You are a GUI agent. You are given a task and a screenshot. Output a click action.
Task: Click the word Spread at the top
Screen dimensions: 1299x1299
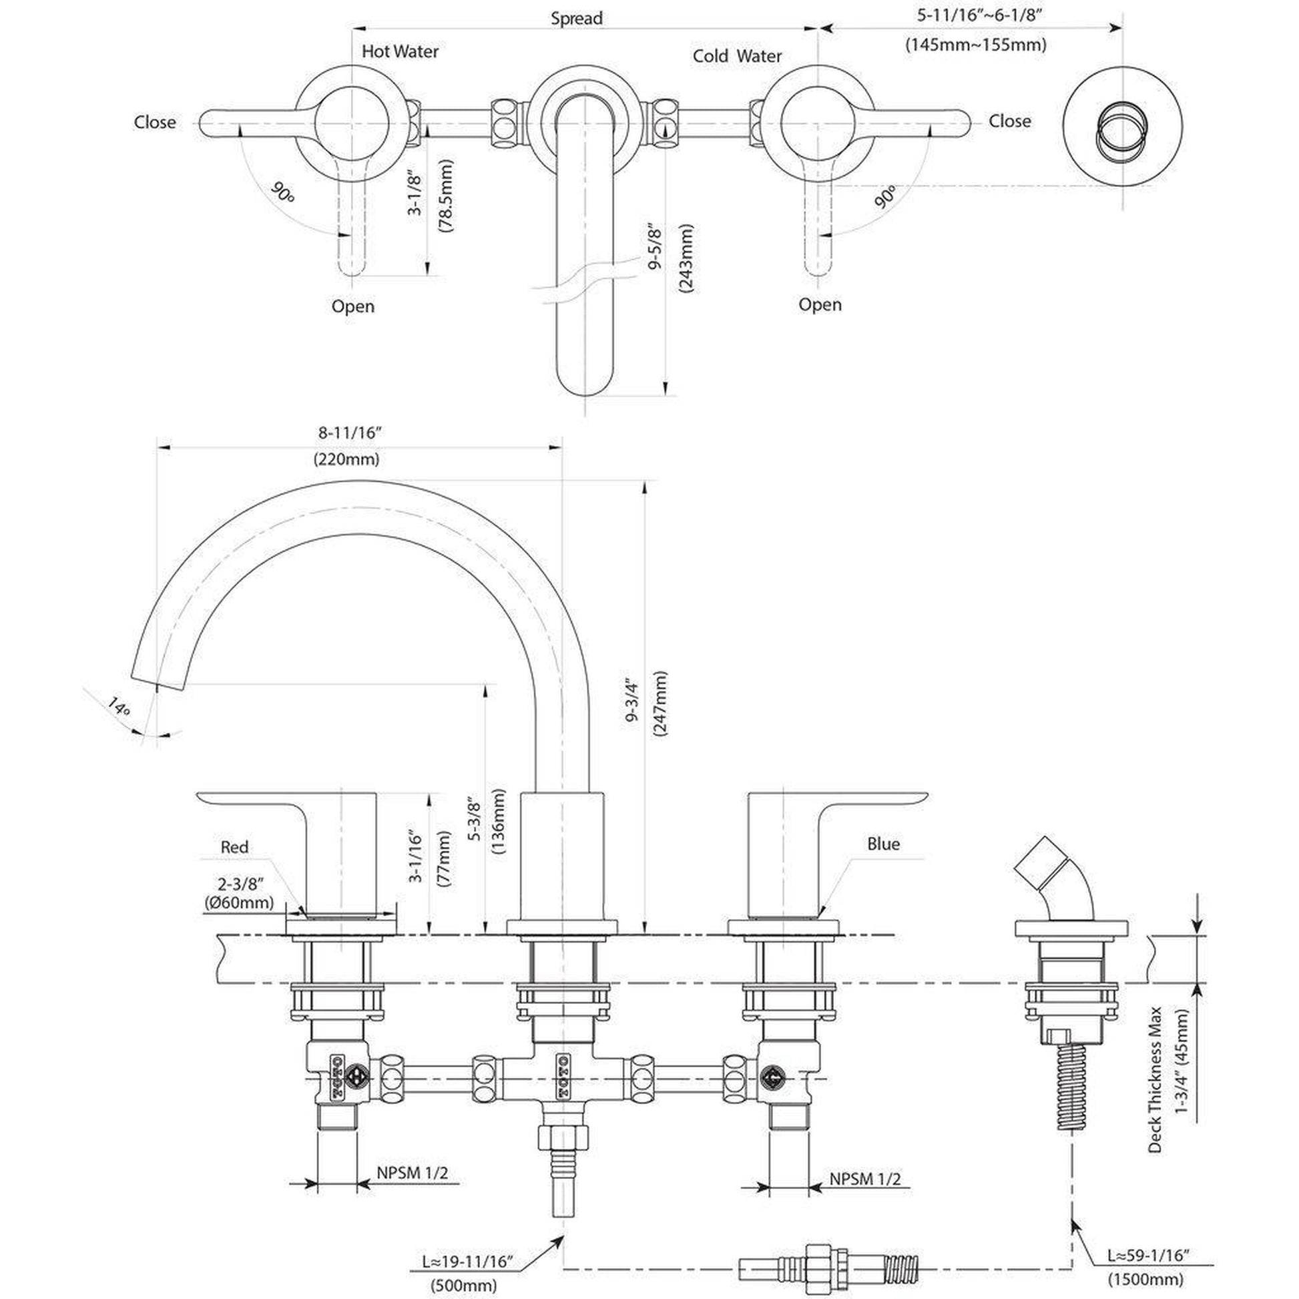coord(576,18)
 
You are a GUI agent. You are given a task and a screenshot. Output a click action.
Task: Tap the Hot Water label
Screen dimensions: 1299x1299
coord(400,51)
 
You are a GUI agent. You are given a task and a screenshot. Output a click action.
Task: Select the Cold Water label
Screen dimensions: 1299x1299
coord(737,56)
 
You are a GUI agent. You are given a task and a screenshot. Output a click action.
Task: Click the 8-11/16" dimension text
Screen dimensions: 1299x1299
coord(350,433)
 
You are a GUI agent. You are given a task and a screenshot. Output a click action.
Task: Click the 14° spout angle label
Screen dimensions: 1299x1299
coord(119,706)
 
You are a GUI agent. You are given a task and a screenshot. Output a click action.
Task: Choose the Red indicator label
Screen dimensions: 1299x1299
coord(235,847)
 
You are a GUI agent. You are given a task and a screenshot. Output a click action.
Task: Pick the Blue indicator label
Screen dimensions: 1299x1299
coord(884,844)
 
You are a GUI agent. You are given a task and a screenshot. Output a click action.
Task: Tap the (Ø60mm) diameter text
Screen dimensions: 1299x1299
coord(239,902)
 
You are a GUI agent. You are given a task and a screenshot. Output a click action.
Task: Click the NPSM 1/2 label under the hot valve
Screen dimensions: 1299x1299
coord(412,1173)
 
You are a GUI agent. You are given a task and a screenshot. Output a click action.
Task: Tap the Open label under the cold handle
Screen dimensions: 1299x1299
coord(820,304)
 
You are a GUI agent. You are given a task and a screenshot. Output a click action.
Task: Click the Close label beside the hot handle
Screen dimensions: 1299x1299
coord(155,122)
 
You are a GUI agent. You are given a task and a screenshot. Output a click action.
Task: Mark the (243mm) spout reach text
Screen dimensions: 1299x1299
coord(686,258)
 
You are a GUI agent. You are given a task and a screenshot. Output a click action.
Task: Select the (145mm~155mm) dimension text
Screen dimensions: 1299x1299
coord(976,45)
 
